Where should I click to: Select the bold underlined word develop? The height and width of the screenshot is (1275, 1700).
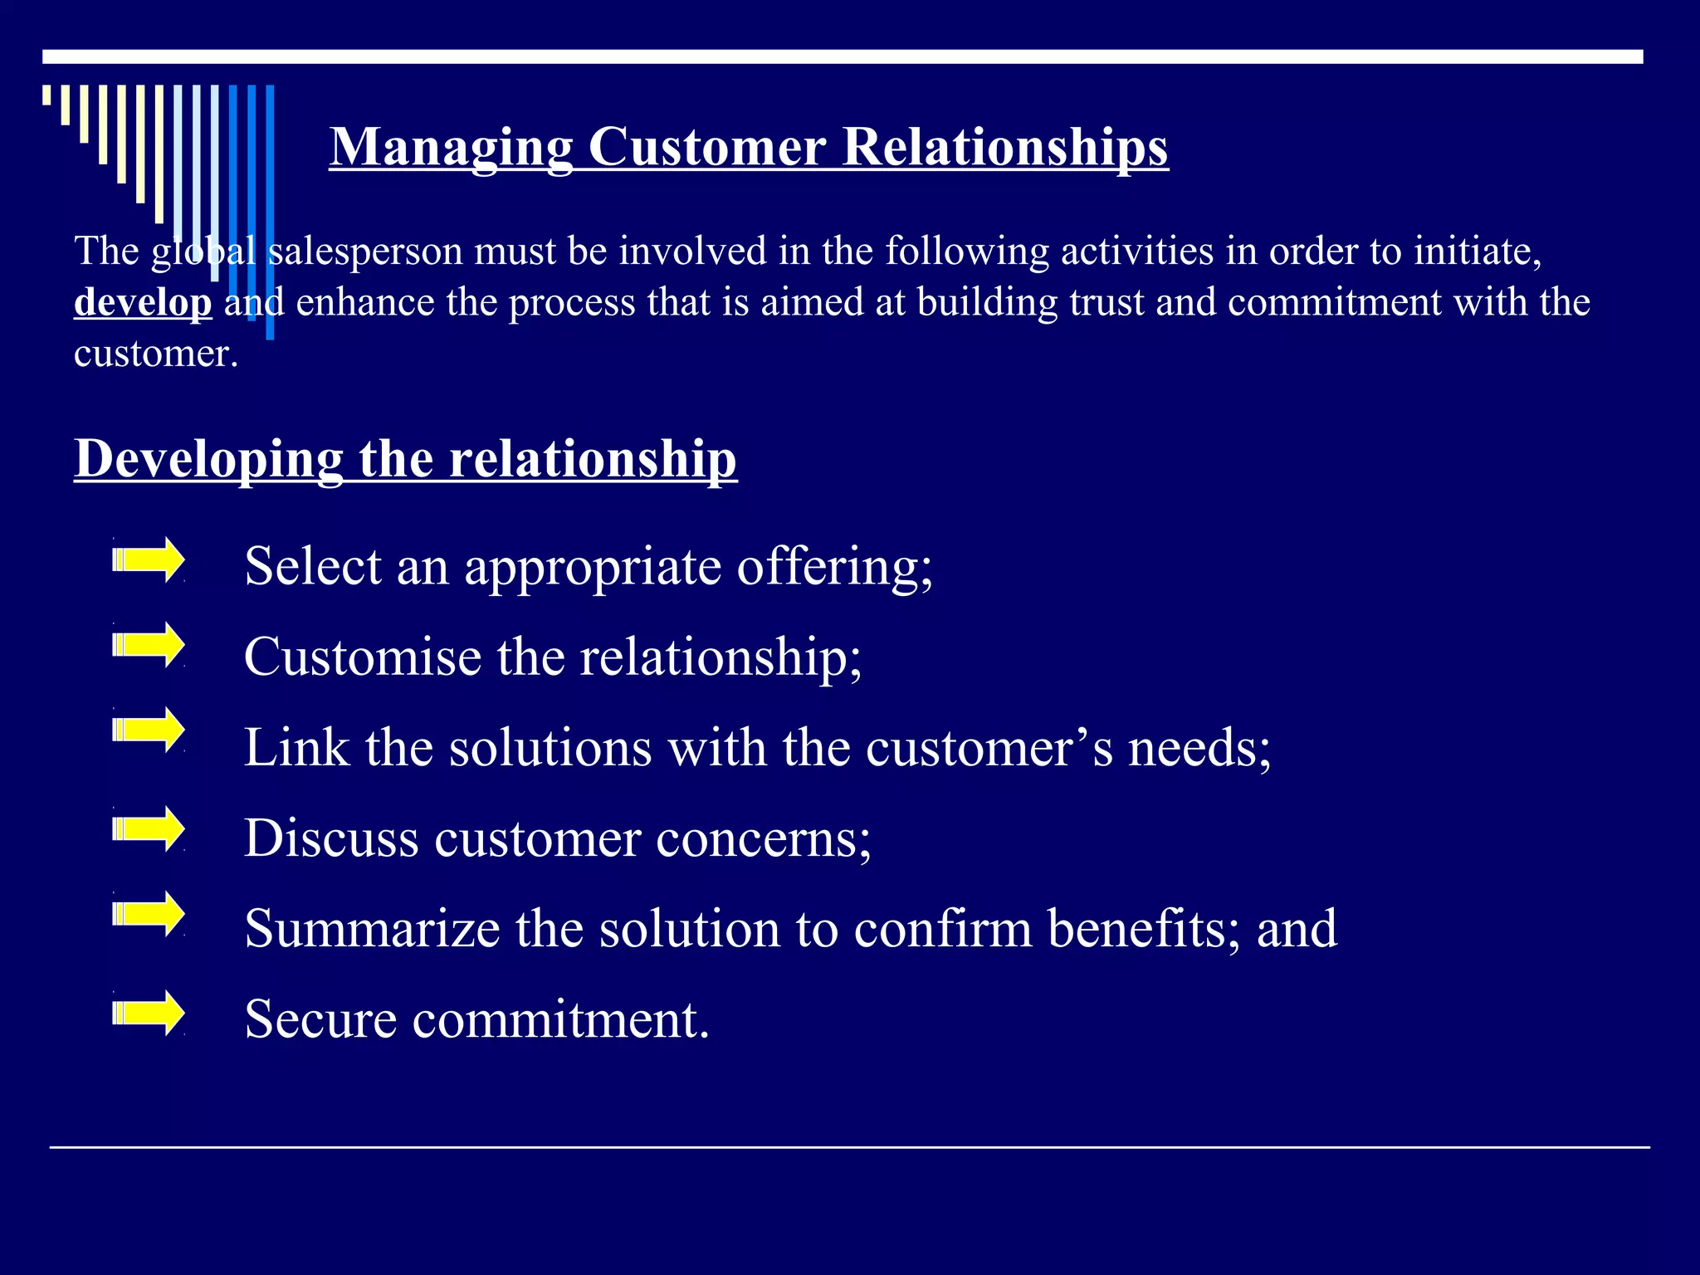(x=143, y=302)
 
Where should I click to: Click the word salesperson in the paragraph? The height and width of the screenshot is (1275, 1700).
(x=366, y=251)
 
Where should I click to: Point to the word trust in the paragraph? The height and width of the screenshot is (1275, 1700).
(x=1106, y=302)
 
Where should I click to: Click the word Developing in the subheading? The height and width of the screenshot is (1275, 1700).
(x=208, y=458)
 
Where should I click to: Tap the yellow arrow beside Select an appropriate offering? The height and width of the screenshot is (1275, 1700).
(x=149, y=560)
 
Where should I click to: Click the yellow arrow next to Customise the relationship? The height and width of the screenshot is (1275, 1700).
(x=149, y=645)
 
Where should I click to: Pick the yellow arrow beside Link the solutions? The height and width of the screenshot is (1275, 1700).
(x=149, y=730)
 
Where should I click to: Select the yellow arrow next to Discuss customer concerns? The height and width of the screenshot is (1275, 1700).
(x=149, y=828)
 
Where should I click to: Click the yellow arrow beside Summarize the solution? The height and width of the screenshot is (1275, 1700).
(x=149, y=914)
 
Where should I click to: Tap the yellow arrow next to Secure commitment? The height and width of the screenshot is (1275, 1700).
(x=149, y=1013)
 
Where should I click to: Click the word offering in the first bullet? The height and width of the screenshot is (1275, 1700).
(x=834, y=568)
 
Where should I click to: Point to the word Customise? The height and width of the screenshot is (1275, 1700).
(x=363, y=657)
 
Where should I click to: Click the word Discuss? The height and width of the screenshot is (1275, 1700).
(x=331, y=838)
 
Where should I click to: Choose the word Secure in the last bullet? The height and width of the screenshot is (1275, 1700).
(x=320, y=1019)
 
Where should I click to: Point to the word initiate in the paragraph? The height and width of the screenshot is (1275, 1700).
(x=1477, y=251)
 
